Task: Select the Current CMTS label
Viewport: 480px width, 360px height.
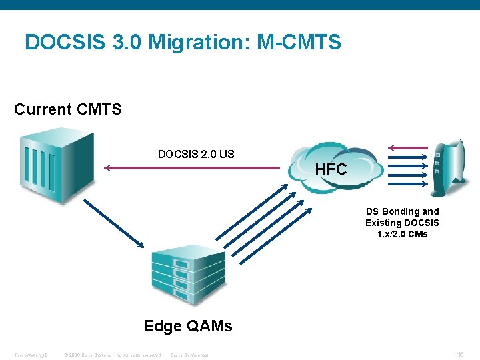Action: [68, 109]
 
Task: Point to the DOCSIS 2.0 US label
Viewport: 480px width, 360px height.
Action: [196, 154]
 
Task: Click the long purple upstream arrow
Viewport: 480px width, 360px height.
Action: [193, 169]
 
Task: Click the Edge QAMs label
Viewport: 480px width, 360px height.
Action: [188, 326]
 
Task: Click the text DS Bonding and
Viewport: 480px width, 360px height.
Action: [402, 211]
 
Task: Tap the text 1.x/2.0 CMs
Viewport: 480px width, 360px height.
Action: [402, 234]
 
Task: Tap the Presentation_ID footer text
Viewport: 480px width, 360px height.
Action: [31, 355]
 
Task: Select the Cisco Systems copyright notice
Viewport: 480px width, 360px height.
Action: [111, 355]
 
